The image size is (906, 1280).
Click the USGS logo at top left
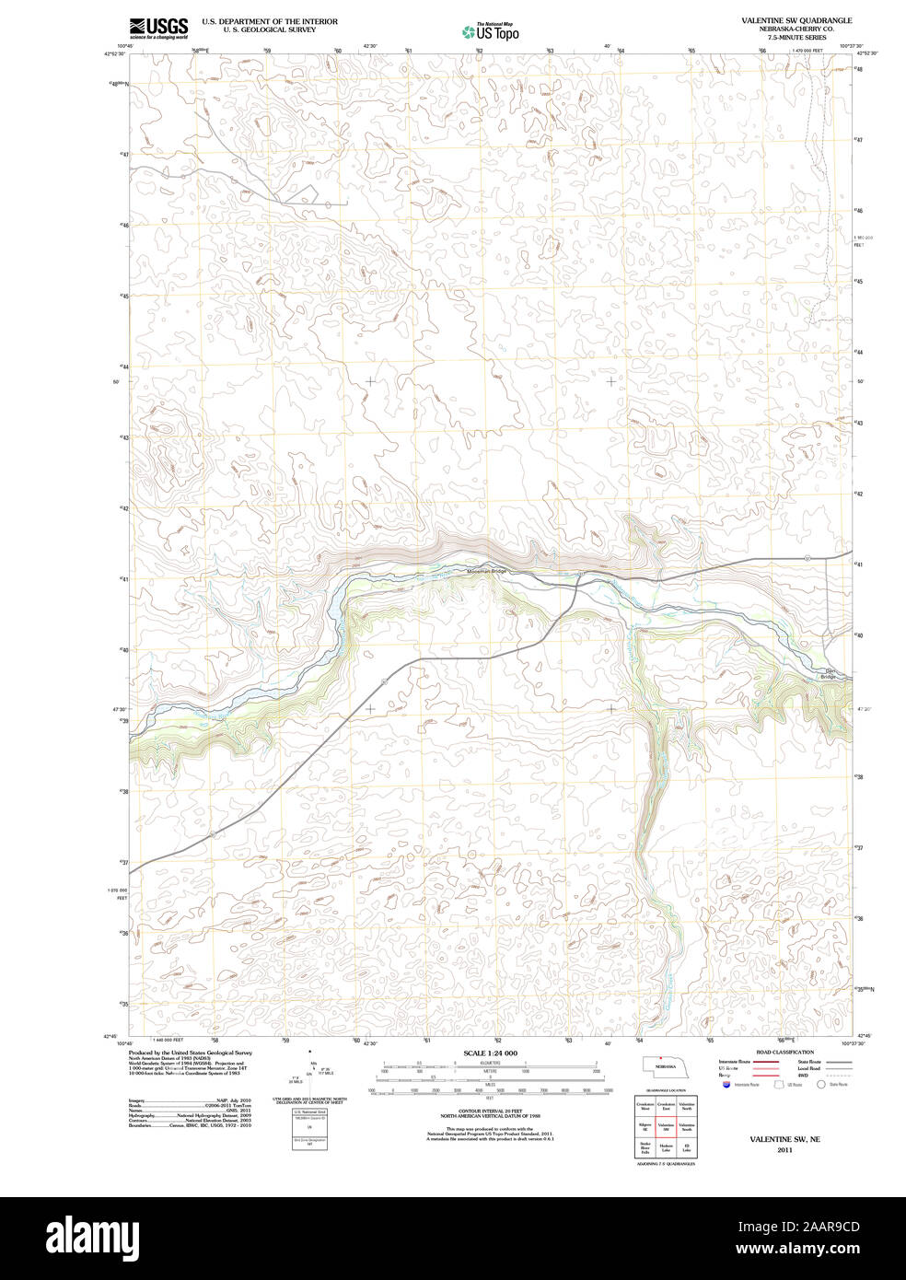tap(158, 28)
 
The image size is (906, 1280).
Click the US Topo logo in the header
tap(490, 30)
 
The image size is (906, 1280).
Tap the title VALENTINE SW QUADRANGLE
tap(796, 20)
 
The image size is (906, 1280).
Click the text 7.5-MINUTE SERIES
tap(796, 38)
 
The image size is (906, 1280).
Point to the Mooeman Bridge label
tap(487, 571)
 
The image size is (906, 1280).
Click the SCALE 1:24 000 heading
tap(490, 1053)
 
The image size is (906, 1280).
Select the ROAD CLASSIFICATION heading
tap(784, 1052)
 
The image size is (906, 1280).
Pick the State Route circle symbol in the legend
tap(821, 1085)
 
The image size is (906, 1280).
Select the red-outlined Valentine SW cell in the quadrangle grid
tap(666, 1126)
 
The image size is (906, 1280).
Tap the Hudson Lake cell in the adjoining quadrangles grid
tap(666, 1147)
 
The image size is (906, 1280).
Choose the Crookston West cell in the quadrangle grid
tap(645, 1106)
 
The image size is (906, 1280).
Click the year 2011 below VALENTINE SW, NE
tap(784, 1150)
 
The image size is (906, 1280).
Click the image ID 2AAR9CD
tap(829, 1227)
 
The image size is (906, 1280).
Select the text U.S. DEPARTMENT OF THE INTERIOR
tap(270, 21)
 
